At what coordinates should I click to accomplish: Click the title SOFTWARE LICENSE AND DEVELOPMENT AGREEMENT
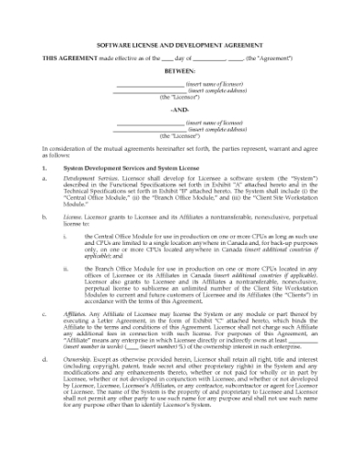pyautogui.click(x=180, y=44)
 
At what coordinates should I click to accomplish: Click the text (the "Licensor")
pyautogui.click(x=180, y=96)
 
